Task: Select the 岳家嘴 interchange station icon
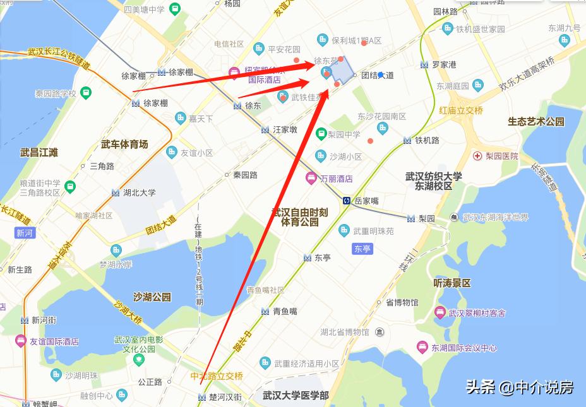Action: tap(347, 201)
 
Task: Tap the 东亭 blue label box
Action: tap(362, 249)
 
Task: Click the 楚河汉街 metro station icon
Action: tap(202, 397)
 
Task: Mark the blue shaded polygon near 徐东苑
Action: tap(342, 71)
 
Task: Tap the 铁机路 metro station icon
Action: tap(407, 140)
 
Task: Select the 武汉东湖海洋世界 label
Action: tap(495, 217)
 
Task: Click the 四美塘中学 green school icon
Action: tap(174, 9)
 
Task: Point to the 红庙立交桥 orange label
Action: tap(461, 110)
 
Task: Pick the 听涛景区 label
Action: tap(452, 283)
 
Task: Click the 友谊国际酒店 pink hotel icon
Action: tap(20, 341)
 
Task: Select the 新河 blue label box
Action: tap(24, 233)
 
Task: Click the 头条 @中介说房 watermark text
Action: tap(519, 387)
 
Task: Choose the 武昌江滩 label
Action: tap(39, 152)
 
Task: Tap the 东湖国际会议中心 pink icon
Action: tap(422, 348)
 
